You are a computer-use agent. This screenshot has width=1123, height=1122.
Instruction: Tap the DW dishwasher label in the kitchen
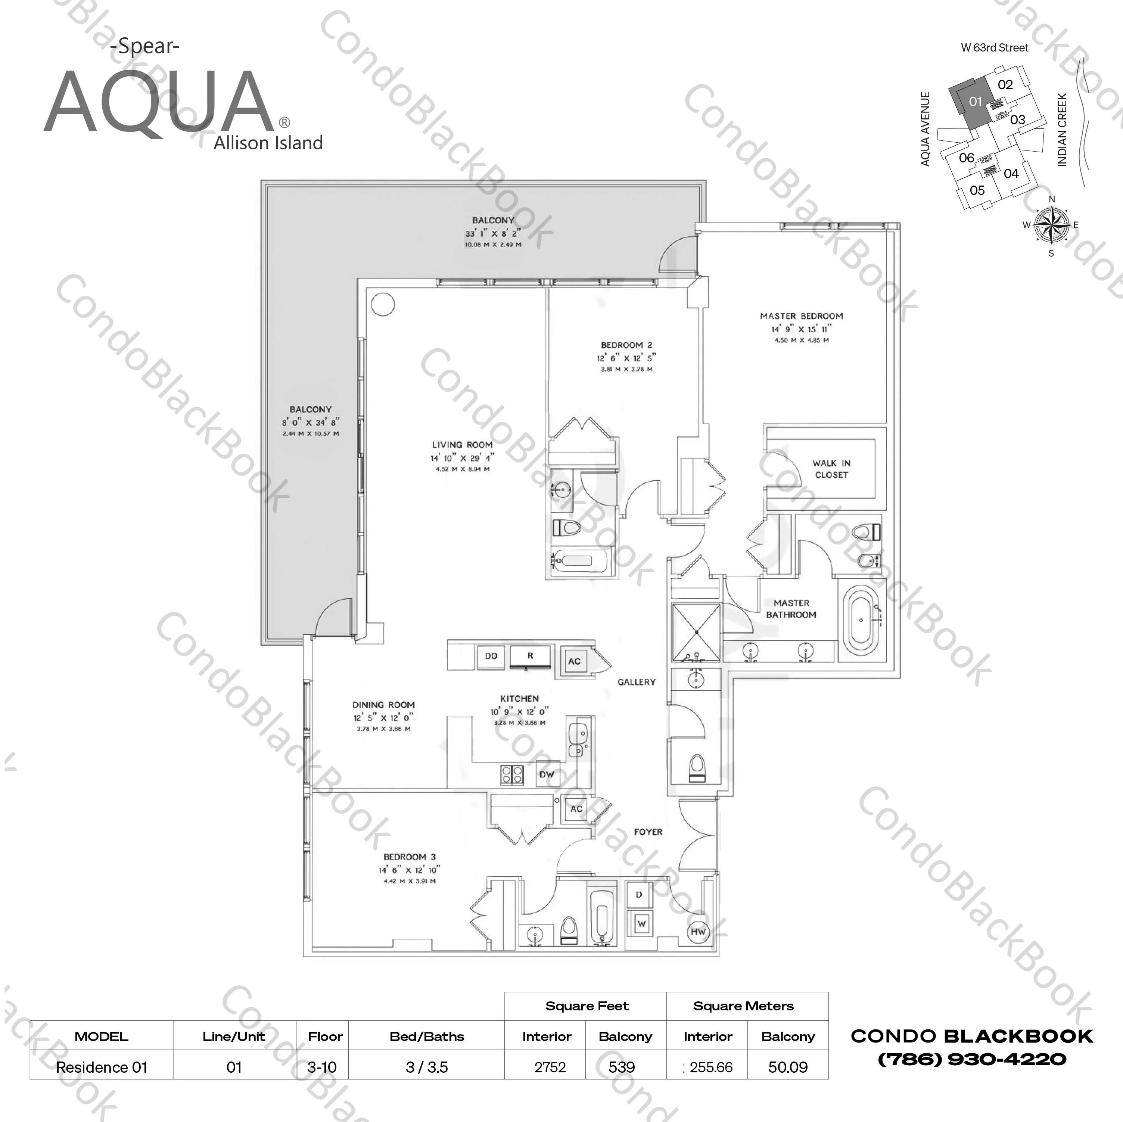547,774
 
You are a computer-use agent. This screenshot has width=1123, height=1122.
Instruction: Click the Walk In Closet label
831,469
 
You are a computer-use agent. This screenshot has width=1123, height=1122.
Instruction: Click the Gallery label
637,682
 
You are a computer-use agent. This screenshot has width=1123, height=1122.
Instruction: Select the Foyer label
648,832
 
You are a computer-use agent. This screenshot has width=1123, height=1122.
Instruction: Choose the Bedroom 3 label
409,857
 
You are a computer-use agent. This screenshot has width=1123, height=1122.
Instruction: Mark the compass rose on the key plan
1051,226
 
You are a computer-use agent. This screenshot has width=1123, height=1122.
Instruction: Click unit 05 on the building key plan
977,190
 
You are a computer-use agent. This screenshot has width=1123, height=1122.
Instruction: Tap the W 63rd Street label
995,48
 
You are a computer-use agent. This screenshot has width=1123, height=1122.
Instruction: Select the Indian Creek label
1063,130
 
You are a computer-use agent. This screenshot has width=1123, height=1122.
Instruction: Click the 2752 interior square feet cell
550,1067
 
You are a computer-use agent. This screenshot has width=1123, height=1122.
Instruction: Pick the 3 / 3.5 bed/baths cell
427,1067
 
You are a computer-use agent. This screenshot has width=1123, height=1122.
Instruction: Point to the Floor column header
325,1036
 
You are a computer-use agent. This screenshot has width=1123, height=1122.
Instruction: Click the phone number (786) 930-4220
972,1059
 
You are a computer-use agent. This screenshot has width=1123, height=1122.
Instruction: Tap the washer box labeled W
641,924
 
